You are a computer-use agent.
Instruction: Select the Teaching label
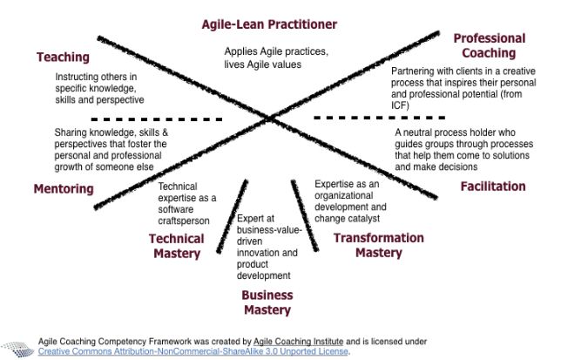[x=63, y=58]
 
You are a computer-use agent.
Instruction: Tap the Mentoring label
[x=63, y=188]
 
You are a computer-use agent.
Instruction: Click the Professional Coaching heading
[x=490, y=45]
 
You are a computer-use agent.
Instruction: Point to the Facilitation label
[x=493, y=187]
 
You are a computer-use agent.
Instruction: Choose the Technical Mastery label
[x=176, y=246]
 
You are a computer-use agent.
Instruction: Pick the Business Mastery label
[x=267, y=302]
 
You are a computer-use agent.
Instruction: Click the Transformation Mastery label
[x=379, y=245]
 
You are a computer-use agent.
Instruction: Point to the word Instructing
[x=69, y=76]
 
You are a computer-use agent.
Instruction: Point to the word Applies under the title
[x=242, y=51]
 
